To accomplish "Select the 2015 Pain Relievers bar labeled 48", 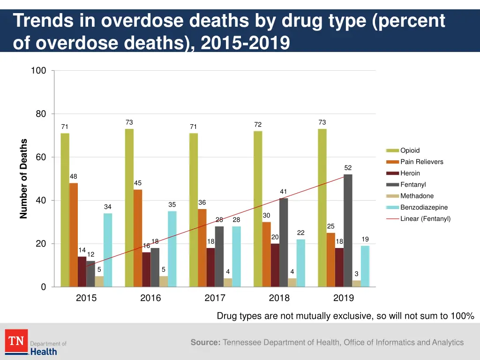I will [x=74, y=234].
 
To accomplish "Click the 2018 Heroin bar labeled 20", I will [x=275, y=265].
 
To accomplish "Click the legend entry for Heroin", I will [x=410, y=173].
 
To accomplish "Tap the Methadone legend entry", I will [x=417, y=196].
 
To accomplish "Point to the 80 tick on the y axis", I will [x=40, y=114].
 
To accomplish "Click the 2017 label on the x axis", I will [x=215, y=298].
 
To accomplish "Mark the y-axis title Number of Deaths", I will [x=23, y=179].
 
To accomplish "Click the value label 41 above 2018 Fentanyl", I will [x=283, y=191].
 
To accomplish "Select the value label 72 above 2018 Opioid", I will [x=258, y=124].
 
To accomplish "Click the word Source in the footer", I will [x=205, y=343].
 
